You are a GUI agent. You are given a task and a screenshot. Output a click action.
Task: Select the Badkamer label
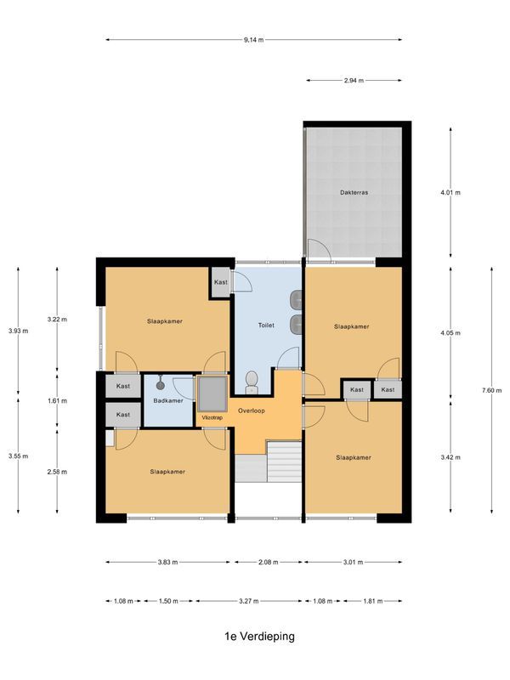coord(167,400)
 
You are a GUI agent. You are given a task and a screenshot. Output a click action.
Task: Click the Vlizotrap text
coord(212,417)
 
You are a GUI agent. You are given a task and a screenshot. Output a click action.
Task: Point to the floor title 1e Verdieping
coord(255,636)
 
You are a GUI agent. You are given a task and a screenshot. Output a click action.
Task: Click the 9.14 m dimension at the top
coord(252,40)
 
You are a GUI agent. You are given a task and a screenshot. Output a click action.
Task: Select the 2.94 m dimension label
coord(354,81)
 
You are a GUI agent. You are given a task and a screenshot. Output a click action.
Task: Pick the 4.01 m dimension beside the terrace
coord(450,193)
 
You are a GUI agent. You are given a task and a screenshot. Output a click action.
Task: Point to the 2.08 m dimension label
coord(268,562)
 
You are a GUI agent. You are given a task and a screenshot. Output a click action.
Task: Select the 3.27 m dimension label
coord(249,601)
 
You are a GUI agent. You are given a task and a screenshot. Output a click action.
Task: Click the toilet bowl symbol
coord(251,382)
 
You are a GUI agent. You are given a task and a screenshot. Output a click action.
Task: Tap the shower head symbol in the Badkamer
coord(156,383)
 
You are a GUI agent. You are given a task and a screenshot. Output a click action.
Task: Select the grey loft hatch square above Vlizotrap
coord(212,393)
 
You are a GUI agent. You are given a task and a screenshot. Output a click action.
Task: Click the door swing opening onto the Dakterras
coord(316,249)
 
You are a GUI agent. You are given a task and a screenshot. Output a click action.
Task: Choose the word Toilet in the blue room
coord(267,326)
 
